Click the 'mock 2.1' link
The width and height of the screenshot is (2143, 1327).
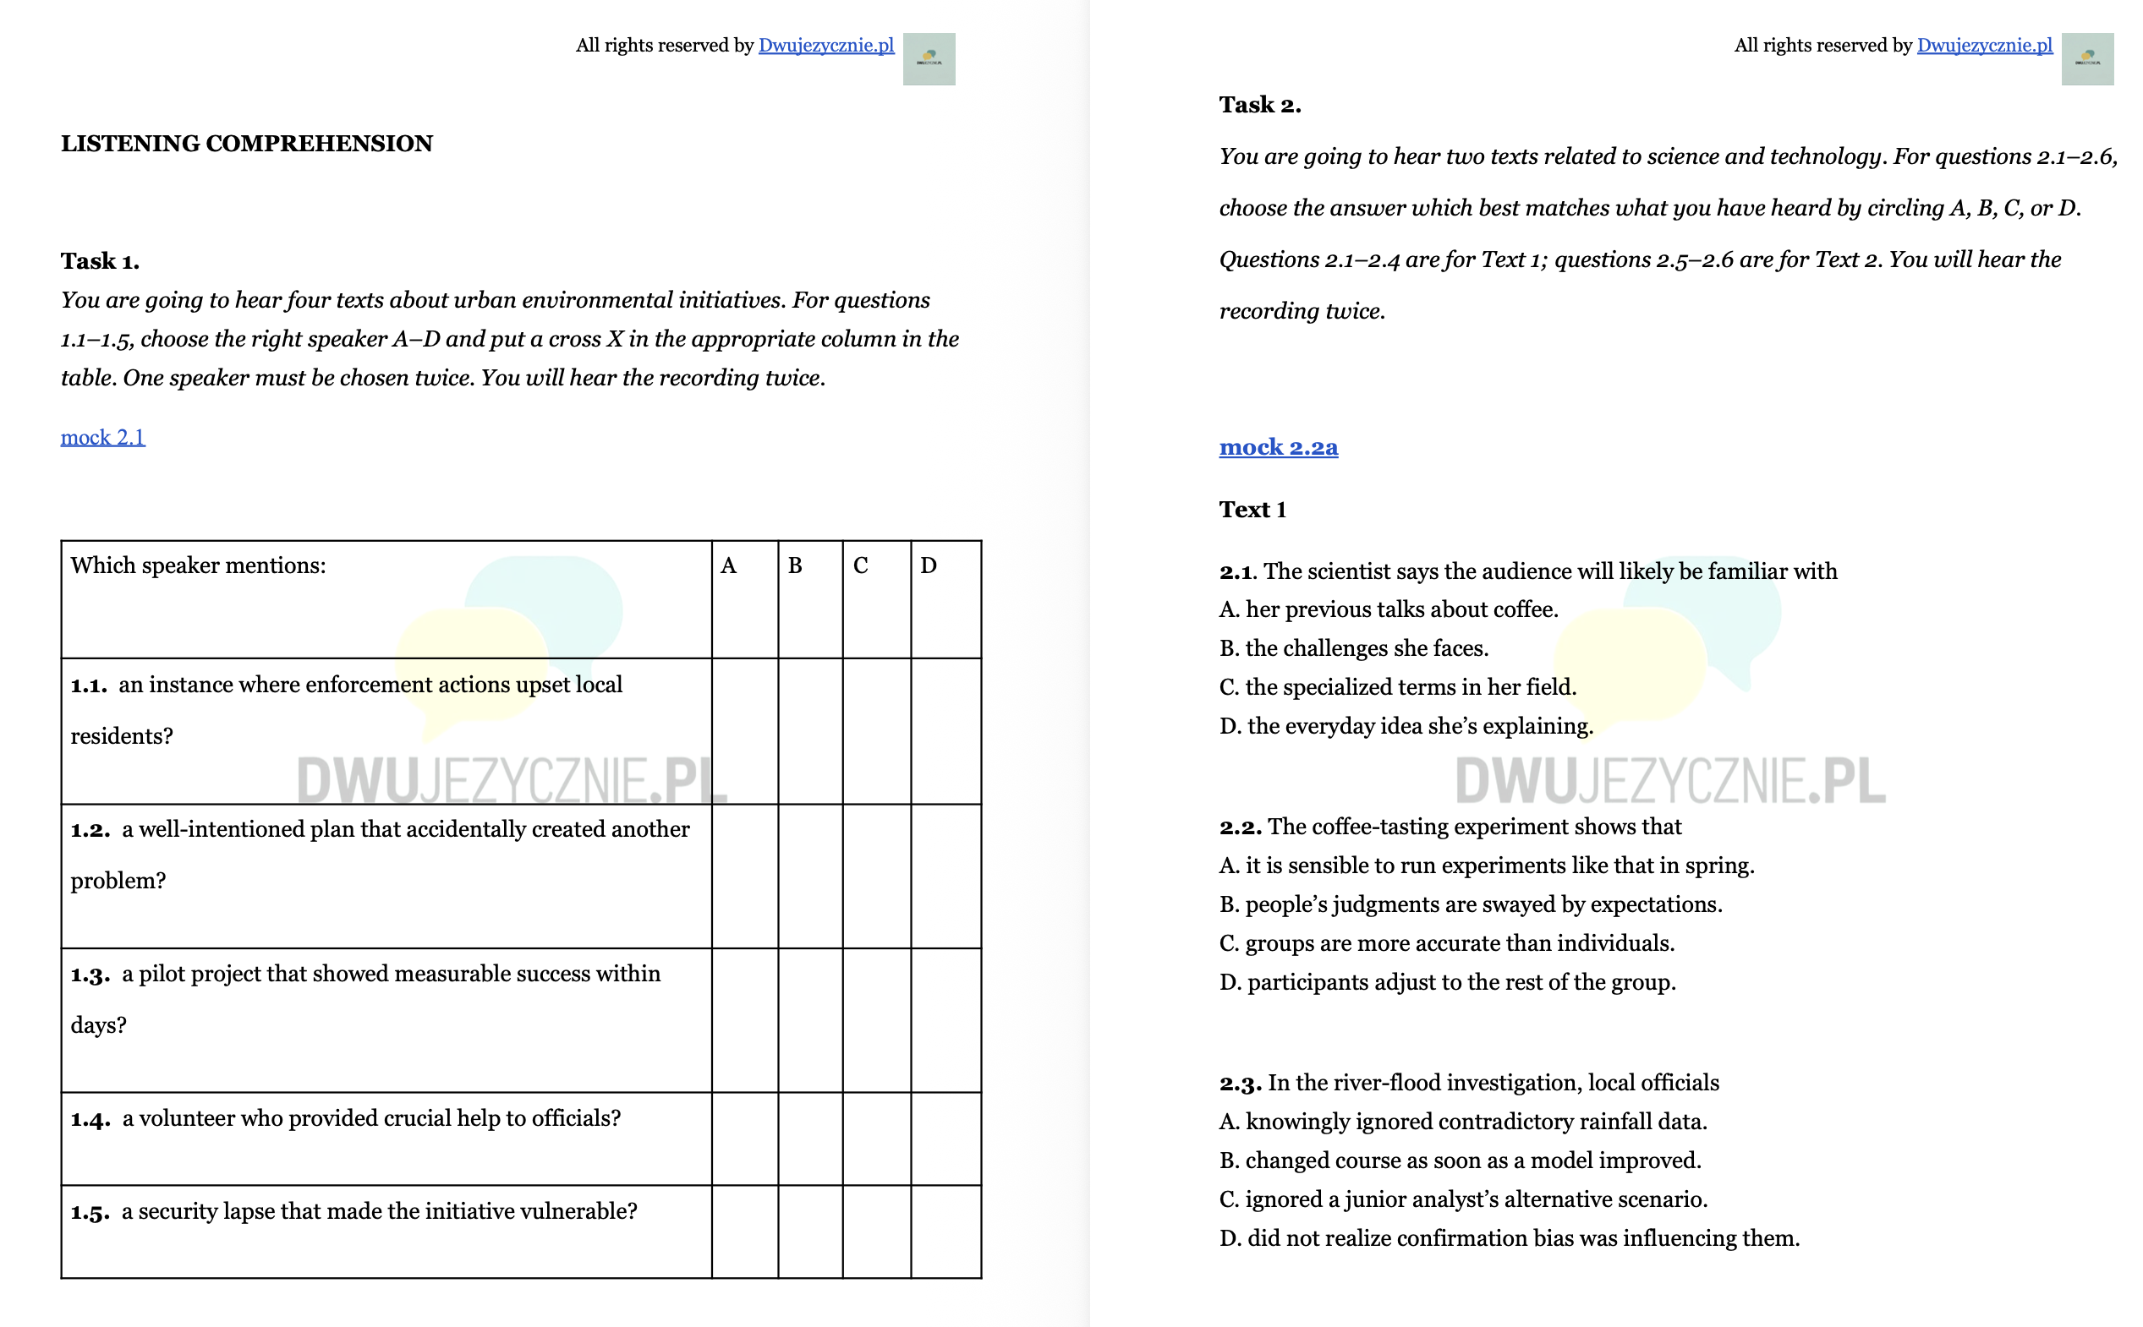tap(102, 437)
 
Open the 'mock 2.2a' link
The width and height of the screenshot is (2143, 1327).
tap(1277, 447)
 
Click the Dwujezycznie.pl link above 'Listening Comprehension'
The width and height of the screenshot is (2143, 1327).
tap(825, 46)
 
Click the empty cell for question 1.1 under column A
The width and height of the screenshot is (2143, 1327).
tap(743, 730)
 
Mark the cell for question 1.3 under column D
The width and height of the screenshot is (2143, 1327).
tap(945, 1020)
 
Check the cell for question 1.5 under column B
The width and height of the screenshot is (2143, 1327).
tap(809, 1231)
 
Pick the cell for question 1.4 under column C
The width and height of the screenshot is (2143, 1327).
tap(875, 1139)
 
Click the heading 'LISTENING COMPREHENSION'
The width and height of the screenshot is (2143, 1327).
tap(247, 143)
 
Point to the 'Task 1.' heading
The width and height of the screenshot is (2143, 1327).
tap(100, 260)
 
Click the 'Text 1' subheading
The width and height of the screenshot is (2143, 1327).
tap(1252, 509)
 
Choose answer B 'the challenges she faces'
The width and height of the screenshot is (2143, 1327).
tap(1353, 647)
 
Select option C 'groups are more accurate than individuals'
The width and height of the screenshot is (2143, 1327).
tap(1446, 942)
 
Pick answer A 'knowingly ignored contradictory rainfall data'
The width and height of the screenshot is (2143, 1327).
tap(1462, 1121)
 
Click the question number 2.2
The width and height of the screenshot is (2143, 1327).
tap(1240, 827)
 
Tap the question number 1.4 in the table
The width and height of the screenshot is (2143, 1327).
tap(90, 1119)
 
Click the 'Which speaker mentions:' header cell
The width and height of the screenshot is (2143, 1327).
tap(199, 566)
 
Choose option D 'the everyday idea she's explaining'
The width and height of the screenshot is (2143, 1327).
tap(1406, 726)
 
